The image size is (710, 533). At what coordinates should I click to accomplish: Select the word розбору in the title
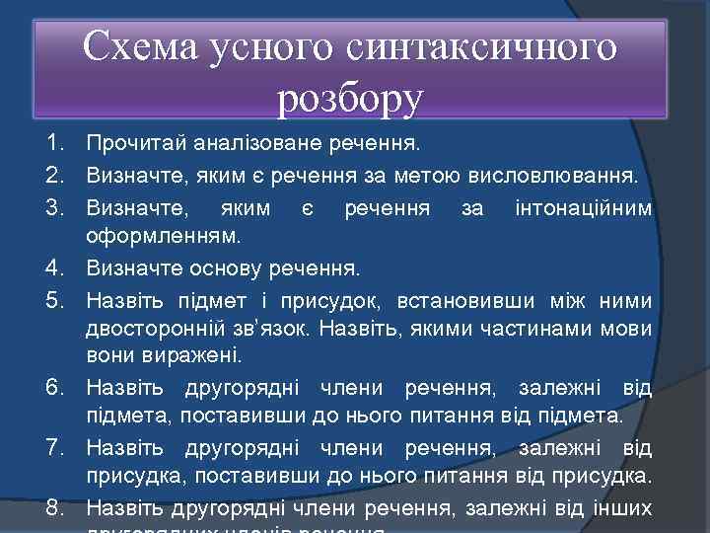(351, 96)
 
